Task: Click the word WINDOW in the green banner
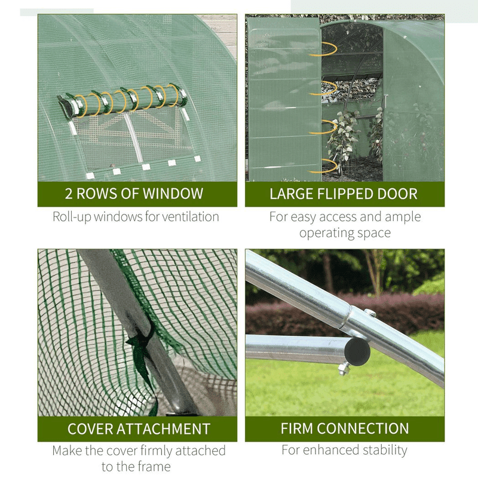click(173, 194)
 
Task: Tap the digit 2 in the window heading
click(69, 194)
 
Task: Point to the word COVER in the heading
click(90, 428)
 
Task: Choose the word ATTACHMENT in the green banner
click(163, 428)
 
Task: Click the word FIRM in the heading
click(297, 428)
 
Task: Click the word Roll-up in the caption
click(72, 217)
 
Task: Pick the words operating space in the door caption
click(345, 233)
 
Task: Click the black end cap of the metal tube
click(357, 352)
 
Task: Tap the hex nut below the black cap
click(343, 369)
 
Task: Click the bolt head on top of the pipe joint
click(370, 312)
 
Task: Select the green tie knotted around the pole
click(142, 360)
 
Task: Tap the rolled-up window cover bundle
click(122, 100)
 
